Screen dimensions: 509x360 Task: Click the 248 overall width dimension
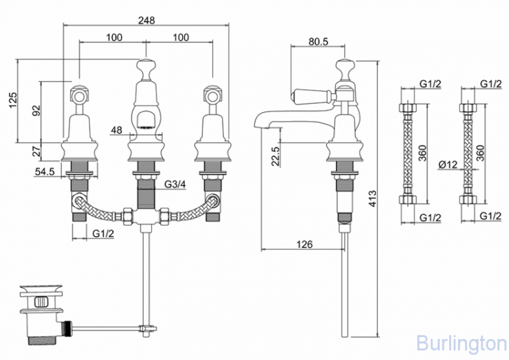click(x=147, y=20)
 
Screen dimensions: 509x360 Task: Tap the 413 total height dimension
click(x=373, y=198)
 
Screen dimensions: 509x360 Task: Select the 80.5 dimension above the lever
click(x=318, y=41)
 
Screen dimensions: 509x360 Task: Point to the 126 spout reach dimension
click(x=304, y=244)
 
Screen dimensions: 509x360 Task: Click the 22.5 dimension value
click(x=276, y=156)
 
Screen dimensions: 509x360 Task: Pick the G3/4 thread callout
click(x=175, y=184)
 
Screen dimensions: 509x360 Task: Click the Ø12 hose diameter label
click(x=448, y=165)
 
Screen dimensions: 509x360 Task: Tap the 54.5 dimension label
click(x=45, y=172)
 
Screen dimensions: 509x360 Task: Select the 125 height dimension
click(x=12, y=101)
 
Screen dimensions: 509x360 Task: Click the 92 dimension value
click(x=37, y=111)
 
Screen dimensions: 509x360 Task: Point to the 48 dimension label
click(x=117, y=130)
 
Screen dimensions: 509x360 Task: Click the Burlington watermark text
click(x=461, y=344)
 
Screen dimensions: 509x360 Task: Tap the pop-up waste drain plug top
click(x=41, y=289)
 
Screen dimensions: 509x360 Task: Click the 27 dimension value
click(x=37, y=151)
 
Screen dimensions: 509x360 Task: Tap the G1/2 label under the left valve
click(x=103, y=233)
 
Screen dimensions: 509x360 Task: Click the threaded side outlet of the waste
click(x=67, y=326)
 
